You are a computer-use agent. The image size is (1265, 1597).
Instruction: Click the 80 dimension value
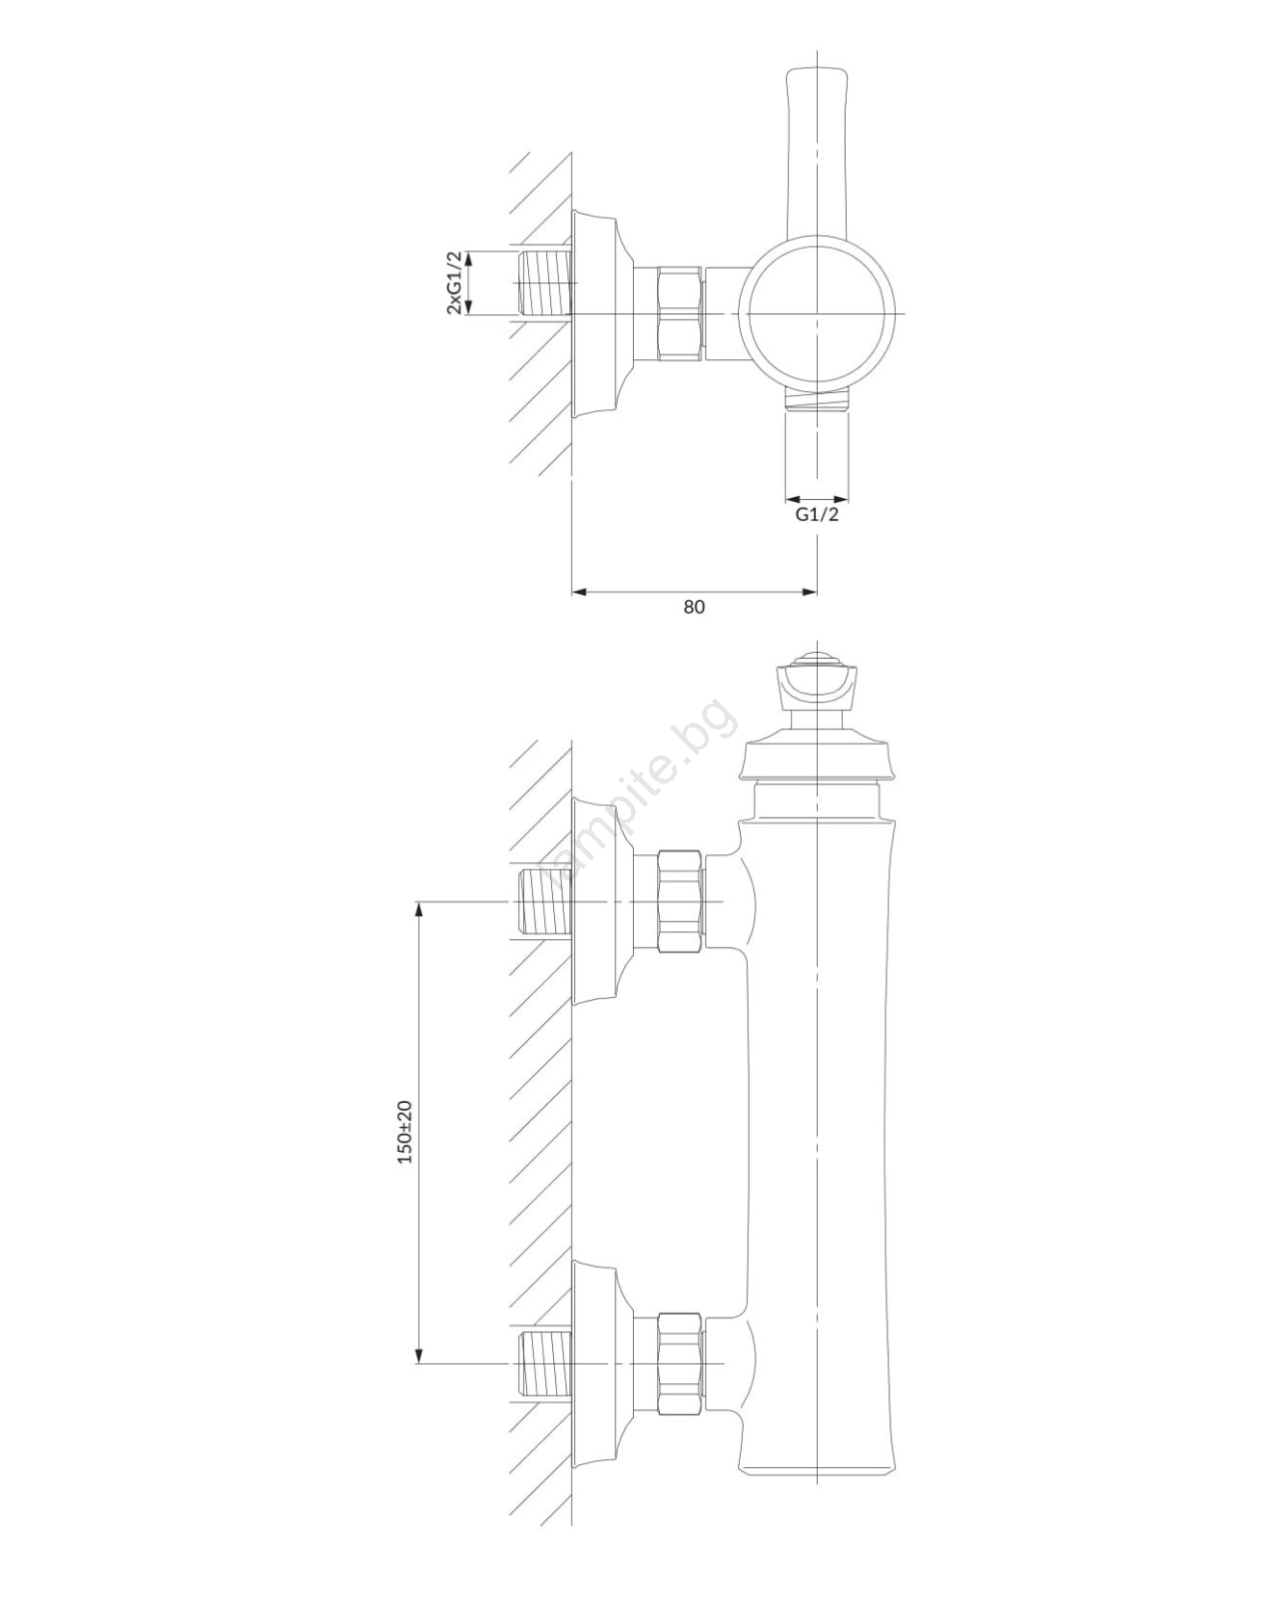(693, 607)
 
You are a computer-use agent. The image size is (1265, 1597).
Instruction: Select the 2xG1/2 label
(454, 282)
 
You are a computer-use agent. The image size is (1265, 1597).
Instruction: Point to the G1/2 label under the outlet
(817, 514)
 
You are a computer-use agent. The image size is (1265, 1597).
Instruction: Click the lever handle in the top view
(817, 155)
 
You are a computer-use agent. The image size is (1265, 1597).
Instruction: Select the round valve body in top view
(817, 313)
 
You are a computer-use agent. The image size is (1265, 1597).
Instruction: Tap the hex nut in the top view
(681, 313)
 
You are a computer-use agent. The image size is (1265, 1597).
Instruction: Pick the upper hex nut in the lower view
(681, 901)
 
